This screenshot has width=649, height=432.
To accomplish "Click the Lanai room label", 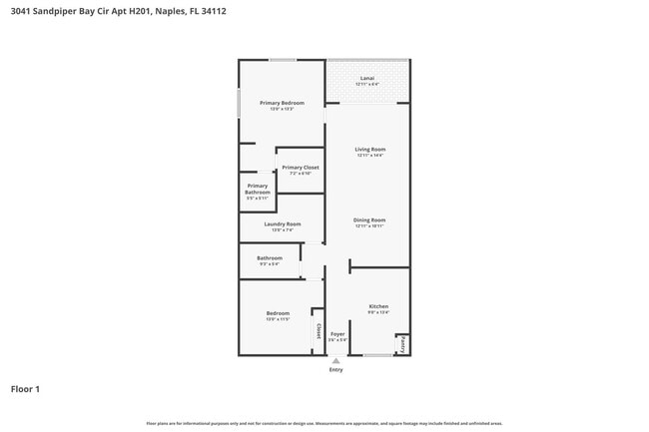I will [368, 77].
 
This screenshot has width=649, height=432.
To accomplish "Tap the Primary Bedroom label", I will [282, 103].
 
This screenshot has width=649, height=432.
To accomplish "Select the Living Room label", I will [369, 150].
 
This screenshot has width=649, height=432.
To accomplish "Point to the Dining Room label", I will [369, 219].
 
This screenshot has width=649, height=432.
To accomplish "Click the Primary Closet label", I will [301, 168].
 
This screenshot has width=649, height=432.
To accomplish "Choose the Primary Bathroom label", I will [258, 189].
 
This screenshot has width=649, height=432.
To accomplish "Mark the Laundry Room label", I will [283, 224].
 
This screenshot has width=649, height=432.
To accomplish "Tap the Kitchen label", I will [378, 306].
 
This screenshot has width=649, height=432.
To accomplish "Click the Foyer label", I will [337, 334].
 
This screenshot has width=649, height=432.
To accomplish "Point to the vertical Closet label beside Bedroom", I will [319, 330].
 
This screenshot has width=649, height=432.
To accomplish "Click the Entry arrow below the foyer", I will [335, 360].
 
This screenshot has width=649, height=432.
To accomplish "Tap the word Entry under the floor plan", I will [335, 369].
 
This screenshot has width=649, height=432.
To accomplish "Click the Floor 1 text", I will [25, 389].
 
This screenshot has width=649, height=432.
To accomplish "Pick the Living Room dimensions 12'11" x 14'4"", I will [369, 156].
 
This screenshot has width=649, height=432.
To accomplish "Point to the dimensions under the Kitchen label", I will [378, 312].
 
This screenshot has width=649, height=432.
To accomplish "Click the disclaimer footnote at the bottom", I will [324, 423].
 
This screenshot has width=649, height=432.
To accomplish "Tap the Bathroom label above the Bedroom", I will [270, 258].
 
